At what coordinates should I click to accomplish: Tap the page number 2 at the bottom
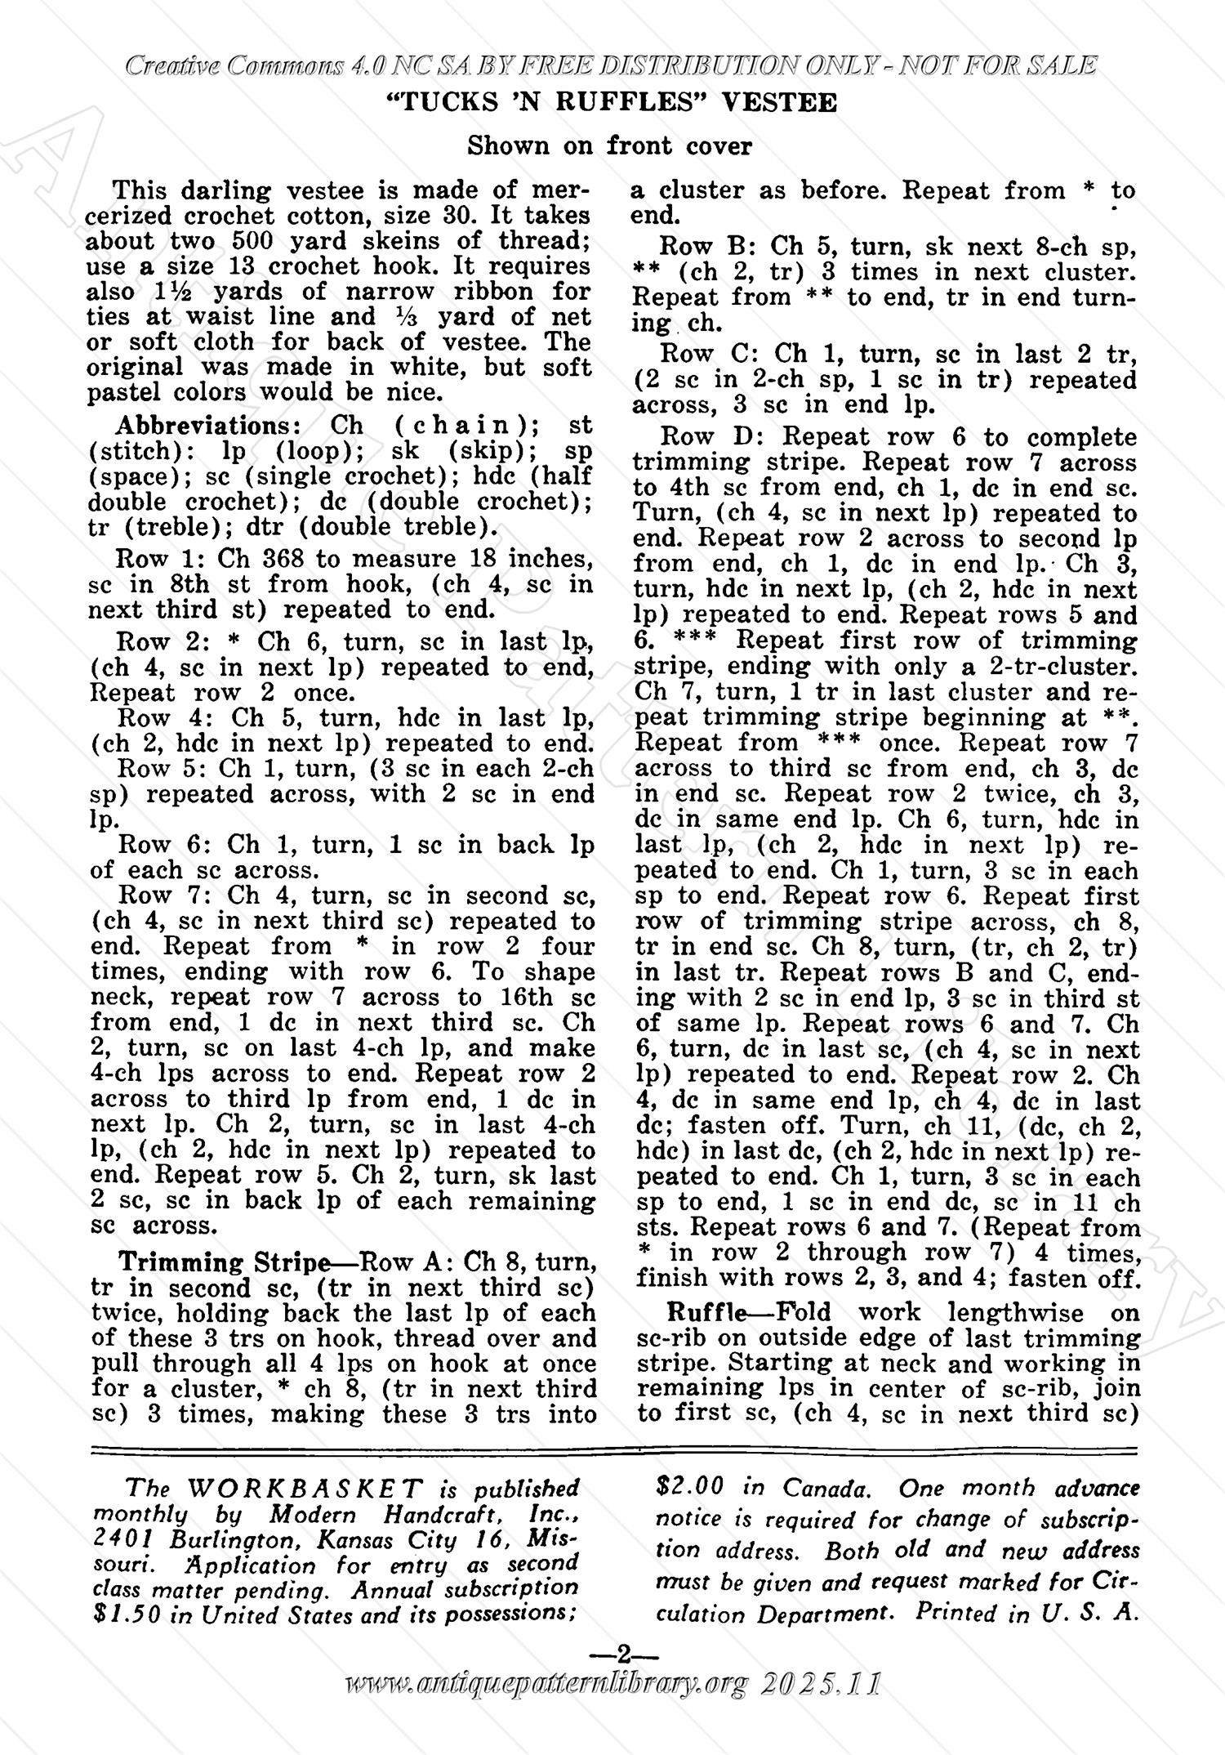click(624, 1656)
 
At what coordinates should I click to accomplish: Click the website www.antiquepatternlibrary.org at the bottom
click(548, 1683)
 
